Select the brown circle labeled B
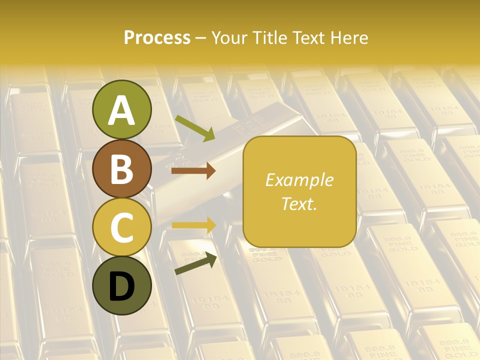pos(122,168)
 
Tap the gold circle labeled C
pos(122,227)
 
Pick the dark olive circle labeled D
pos(122,285)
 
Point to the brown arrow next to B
pos(193,171)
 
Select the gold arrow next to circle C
pos(194,225)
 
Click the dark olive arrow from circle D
pos(195,264)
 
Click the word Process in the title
pos(157,38)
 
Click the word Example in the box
pos(299,180)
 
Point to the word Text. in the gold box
pos(299,203)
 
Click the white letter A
pos(122,110)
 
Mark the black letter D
pos(122,286)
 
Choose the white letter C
pos(122,228)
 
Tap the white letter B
pos(122,169)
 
